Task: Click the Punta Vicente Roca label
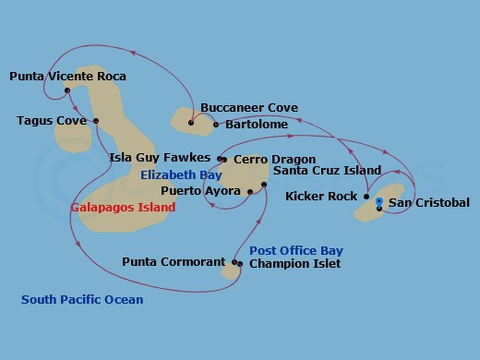(x=68, y=77)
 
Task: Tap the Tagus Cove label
(x=52, y=121)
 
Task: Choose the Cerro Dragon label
(x=274, y=160)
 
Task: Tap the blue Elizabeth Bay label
(x=181, y=174)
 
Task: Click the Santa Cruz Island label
(x=328, y=171)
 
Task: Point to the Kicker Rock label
(x=321, y=197)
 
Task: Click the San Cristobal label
(x=429, y=203)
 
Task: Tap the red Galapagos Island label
(x=123, y=208)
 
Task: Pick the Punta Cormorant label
(x=174, y=262)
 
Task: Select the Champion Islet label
(x=294, y=264)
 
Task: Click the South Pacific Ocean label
(x=83, y=299)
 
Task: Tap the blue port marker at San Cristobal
(x=379, y=201)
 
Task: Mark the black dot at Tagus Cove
(x=96, y=120)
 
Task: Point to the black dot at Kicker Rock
(x=366, y=197)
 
